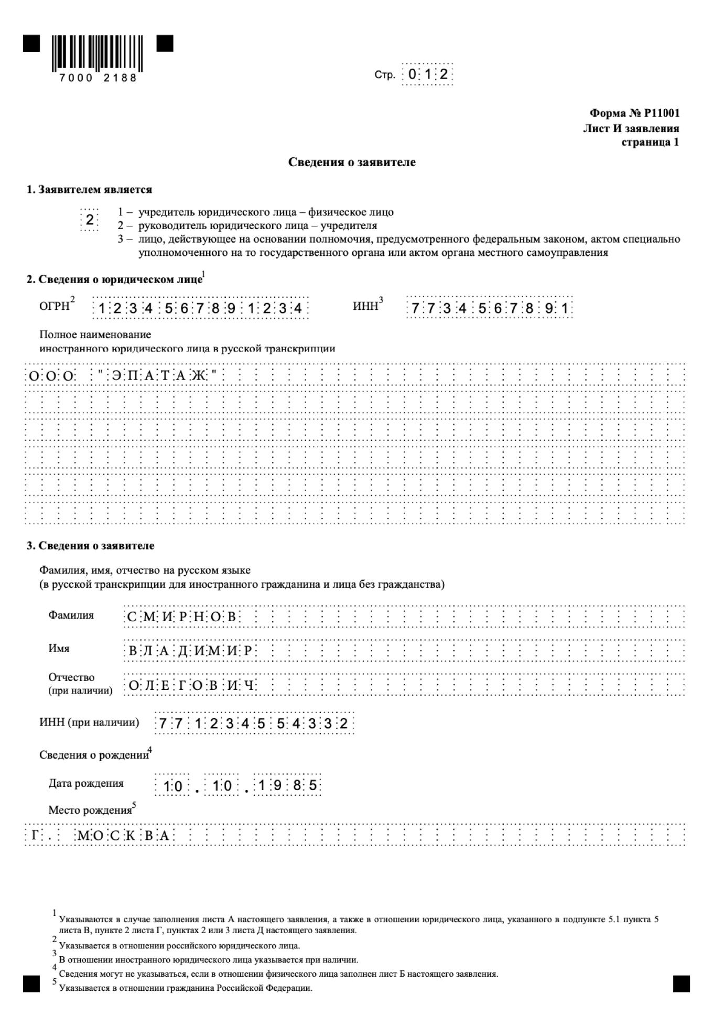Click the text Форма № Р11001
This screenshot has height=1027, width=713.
[x=634, y=113]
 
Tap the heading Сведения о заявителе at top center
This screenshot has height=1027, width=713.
[x=352, y=163]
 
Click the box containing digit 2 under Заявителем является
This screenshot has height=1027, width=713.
[x=90, y=220]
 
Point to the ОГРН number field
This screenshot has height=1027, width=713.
[x=200, y=308]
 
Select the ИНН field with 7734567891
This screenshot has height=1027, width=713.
[x=489, y=308]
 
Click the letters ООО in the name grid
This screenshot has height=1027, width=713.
[x=51, y=376]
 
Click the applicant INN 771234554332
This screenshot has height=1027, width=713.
[x=254, y=724]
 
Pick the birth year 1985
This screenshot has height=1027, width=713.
[x=287, y=786]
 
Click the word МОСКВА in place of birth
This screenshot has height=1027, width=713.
[x=123, y=836]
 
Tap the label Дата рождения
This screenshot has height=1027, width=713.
[x=86, y=784]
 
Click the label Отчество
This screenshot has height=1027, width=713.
[x=71, y=677]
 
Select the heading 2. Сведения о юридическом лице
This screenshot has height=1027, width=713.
[x=114, y=279]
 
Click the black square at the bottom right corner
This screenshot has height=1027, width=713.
[x=681, y=983]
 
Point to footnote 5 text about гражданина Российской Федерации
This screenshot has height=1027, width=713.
[x=186, y=988]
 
